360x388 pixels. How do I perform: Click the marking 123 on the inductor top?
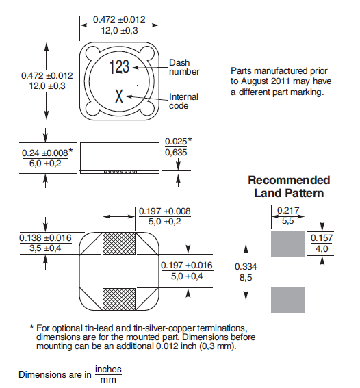(x=119, y=67)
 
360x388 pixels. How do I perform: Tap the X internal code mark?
(x=119, y=96)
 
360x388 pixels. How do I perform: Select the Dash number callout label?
(x=184, y=67)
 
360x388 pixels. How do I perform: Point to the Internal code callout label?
(x=183, y=101)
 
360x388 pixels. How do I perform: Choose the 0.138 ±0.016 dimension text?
(x=45, y=238)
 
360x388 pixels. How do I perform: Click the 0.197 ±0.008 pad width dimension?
(x=164, y=211)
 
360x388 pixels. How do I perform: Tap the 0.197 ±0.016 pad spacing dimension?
(x=187, y=265)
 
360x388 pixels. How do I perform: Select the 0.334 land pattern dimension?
(x=246, y=266)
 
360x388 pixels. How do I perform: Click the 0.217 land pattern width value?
(x=288, y=211)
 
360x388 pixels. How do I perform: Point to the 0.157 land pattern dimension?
(x=322, y=238)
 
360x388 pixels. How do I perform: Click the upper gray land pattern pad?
(x=288, y=244)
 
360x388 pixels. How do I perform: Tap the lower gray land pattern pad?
(x=288, y=300)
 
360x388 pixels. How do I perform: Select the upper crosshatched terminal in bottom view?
(x=119, y=243)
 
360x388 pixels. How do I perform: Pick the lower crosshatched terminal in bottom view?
(x=119, y=299)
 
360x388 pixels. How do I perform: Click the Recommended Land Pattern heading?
(x=289, y=187)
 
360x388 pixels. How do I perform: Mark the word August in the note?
(x=255, y=81)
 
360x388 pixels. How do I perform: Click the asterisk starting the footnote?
(x=31, y=327)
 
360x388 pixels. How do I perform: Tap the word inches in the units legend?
(x=108, y=370)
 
